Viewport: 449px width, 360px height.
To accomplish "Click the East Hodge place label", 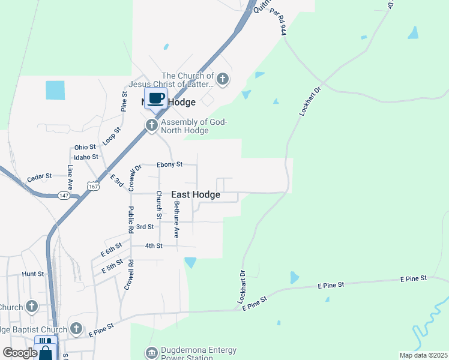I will click(x=196, y=195).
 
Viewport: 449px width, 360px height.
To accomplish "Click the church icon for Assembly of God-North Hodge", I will click(x=152, y=125).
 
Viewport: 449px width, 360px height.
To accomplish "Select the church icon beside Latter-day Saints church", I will click(x=223, y=79).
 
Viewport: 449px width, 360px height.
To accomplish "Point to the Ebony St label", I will click(x=169, y=164).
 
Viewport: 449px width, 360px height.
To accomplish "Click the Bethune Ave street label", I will click(x=176, y=219).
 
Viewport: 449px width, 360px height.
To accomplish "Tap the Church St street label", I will click(x=159, y=205).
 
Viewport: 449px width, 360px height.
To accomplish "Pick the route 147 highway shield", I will click(x=65, y=196).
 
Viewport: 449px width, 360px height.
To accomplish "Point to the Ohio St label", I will click(x=85, y=147).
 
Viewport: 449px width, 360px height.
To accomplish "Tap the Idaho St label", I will click(x=86, y=157).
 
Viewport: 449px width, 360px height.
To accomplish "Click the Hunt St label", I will click(x=33, y=274).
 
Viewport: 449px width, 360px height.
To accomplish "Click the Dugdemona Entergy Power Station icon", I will click(x=152, y=352).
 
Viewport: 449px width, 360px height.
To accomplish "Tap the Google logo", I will click(x=20, y=353).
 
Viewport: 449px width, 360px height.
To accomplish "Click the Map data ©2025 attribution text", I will click(x=423, y=355).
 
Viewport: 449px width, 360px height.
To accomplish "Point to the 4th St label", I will click(x=154, y=246).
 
